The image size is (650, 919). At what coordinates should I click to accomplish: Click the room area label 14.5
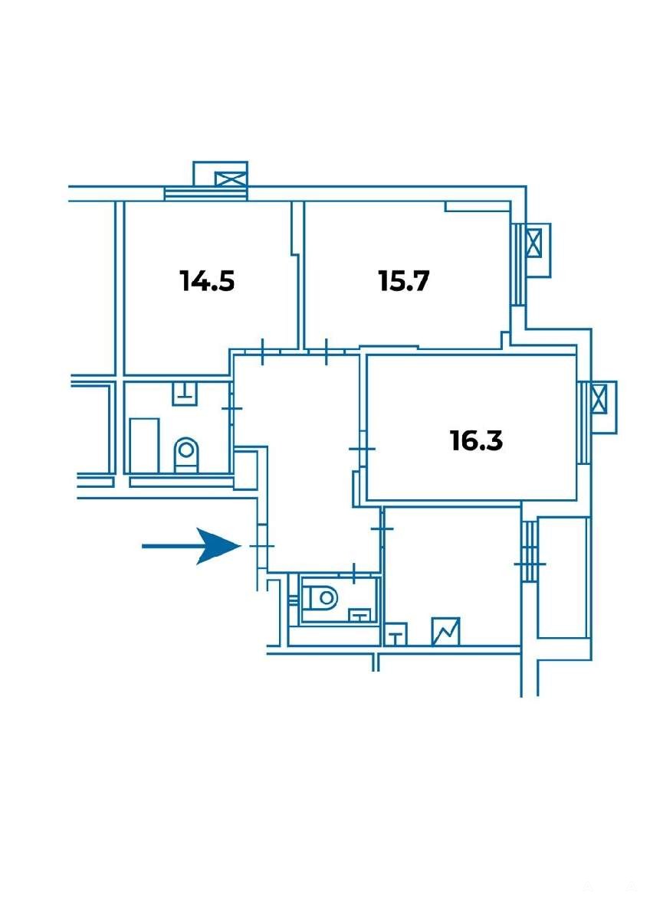pos(207,280)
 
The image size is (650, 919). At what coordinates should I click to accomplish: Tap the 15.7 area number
pos(404,282)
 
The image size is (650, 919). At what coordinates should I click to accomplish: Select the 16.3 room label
pos(476,441)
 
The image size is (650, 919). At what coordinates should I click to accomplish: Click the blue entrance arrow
pos(191,546)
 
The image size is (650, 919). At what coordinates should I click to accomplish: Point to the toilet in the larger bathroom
pos(187,456)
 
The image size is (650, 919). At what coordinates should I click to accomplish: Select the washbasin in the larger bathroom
pos(185,393)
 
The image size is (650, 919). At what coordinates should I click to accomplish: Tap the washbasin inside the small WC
pos(359,614)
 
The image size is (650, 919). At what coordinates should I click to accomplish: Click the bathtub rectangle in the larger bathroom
pos(144,446)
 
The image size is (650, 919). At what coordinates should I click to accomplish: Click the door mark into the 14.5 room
pos(263,352)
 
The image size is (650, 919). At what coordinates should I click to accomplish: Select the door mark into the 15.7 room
pos(327,352)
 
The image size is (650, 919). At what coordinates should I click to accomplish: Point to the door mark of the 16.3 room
pos(362,449)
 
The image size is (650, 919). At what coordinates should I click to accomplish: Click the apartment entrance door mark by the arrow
pos(262,546)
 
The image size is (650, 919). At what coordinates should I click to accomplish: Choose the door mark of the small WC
pos(354,573)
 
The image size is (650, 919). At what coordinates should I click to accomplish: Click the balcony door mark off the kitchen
pos(530,564)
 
